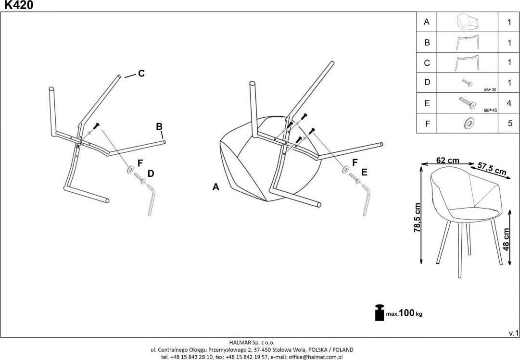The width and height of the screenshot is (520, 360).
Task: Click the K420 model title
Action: coord(19,5)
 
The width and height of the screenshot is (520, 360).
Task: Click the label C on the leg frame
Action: coord(141,74)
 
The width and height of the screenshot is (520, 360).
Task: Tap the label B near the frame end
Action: coord(159,127)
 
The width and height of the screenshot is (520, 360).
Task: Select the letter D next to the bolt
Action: coord(151,174)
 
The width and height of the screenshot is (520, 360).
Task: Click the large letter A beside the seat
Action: coord(216,187)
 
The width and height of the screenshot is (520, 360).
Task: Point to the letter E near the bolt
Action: coord(364,172)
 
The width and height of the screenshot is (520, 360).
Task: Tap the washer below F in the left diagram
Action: coord(130,170)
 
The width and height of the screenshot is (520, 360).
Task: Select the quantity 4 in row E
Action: coord(509,103)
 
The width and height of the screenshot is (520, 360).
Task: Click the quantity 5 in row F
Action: coord(509,124)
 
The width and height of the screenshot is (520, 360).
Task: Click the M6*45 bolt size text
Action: coord(490,110)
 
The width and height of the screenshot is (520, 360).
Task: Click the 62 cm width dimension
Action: coord(447,161)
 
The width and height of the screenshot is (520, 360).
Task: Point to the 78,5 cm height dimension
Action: coord(417,218)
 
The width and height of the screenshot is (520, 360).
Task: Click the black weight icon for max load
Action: coord(380,312)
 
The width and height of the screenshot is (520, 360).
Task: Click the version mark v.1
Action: coord(513,333)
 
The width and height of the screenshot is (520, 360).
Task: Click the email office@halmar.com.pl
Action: coord(315,357)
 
